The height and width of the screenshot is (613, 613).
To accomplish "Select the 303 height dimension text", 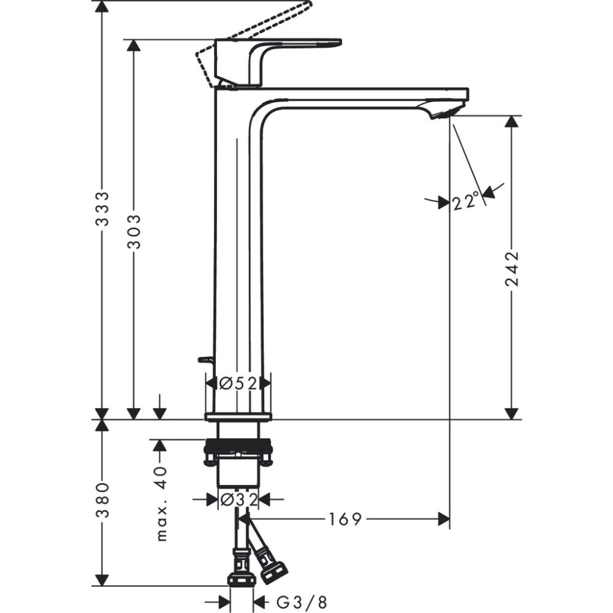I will (x=134, y=231).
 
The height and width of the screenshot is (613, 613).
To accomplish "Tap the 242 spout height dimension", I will (x=511, y=268).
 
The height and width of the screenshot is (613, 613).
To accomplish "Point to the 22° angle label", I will (x=466, y=201).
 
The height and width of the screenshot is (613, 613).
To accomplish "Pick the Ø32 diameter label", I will (x=237, y=500).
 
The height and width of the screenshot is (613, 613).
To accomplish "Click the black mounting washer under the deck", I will (x=237, y=446).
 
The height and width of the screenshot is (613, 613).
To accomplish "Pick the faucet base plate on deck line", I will (x=237, y=417).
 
